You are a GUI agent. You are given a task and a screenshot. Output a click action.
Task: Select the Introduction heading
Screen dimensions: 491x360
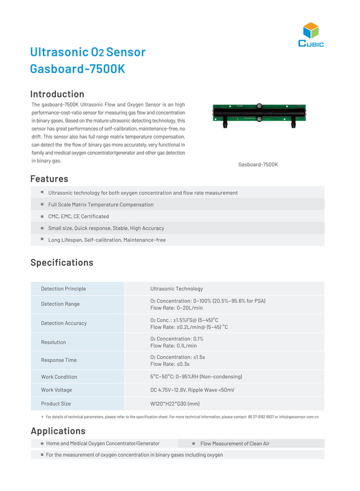[57, 94]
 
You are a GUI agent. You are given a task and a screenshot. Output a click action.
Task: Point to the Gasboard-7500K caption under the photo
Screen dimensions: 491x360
[258, 165]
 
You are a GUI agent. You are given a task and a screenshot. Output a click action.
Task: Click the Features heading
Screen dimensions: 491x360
[49, 179]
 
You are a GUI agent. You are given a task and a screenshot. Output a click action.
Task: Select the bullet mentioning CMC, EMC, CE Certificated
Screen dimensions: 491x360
[78, 216]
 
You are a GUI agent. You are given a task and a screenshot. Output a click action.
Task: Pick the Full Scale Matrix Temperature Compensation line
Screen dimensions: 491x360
[100, 205]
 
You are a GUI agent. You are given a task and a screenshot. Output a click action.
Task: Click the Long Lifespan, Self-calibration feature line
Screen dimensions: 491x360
[107, 240]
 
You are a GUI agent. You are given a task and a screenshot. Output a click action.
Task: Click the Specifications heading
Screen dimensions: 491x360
[62, 263]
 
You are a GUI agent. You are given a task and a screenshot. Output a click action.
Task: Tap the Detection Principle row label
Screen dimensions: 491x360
[63, 289]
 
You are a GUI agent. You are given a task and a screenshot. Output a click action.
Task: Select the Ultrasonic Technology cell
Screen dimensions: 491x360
[176, 289]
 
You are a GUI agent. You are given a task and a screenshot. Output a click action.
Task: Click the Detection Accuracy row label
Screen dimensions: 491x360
[64, 323]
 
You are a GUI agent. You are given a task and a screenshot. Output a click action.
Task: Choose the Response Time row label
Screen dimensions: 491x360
[59, 360]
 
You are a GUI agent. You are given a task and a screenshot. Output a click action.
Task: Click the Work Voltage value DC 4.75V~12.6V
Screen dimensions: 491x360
[192, 390]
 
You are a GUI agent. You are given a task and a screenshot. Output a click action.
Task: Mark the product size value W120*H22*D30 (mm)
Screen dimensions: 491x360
[175, 404]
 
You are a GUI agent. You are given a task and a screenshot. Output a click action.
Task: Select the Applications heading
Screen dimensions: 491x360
[58, 431]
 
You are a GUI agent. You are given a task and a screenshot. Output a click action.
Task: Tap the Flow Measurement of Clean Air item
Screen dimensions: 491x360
[235, 444]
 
